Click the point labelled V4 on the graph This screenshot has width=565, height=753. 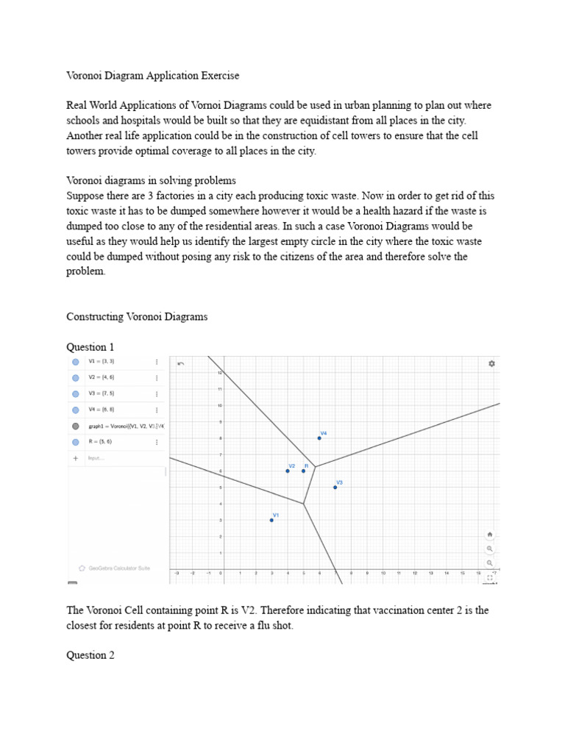319,438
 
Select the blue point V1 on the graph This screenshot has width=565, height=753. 271,520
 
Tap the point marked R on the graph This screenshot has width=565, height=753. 303,471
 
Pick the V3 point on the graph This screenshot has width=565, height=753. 335,487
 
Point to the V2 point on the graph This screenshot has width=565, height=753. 288,471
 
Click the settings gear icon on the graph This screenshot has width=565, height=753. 491,363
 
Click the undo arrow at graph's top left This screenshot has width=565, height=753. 181,363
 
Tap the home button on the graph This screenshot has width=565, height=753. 490,535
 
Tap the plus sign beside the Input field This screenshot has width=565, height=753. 75,458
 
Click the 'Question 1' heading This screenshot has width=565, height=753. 90,346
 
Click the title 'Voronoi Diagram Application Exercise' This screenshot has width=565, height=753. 153,75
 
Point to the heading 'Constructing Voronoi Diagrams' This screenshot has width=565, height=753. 137,316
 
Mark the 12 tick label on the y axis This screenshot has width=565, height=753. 218,373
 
